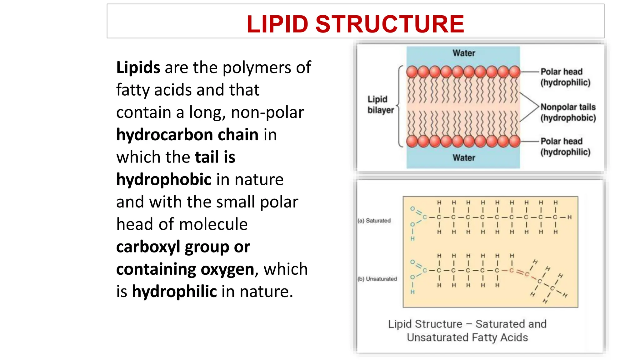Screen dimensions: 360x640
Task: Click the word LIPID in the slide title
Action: pos(277,24)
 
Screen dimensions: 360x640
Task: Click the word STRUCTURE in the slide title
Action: pos(390,24)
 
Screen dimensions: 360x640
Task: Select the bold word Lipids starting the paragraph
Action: pos(138,67)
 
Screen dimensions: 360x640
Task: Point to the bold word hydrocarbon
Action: pos(165,135)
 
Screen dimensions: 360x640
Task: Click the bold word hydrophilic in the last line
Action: pos(174,292)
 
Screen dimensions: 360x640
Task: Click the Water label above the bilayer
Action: pos(464,53)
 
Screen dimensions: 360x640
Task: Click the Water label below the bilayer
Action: pos(464,158)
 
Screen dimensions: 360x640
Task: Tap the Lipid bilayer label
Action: pos(380,105)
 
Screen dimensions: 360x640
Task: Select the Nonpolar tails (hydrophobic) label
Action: pos(568,112)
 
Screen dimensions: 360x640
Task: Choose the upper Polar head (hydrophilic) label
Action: pos(565,77)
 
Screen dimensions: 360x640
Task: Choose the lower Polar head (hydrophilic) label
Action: pos(565,147)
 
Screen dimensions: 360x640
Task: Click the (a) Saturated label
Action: pos(374,221)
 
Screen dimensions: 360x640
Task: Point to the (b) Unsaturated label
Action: pos(377,279)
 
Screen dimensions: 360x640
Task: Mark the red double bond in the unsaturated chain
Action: pos(520,272)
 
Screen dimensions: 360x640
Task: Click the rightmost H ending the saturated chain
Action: pos(569,217)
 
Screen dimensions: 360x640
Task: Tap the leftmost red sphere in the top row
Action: pos(412,72)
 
